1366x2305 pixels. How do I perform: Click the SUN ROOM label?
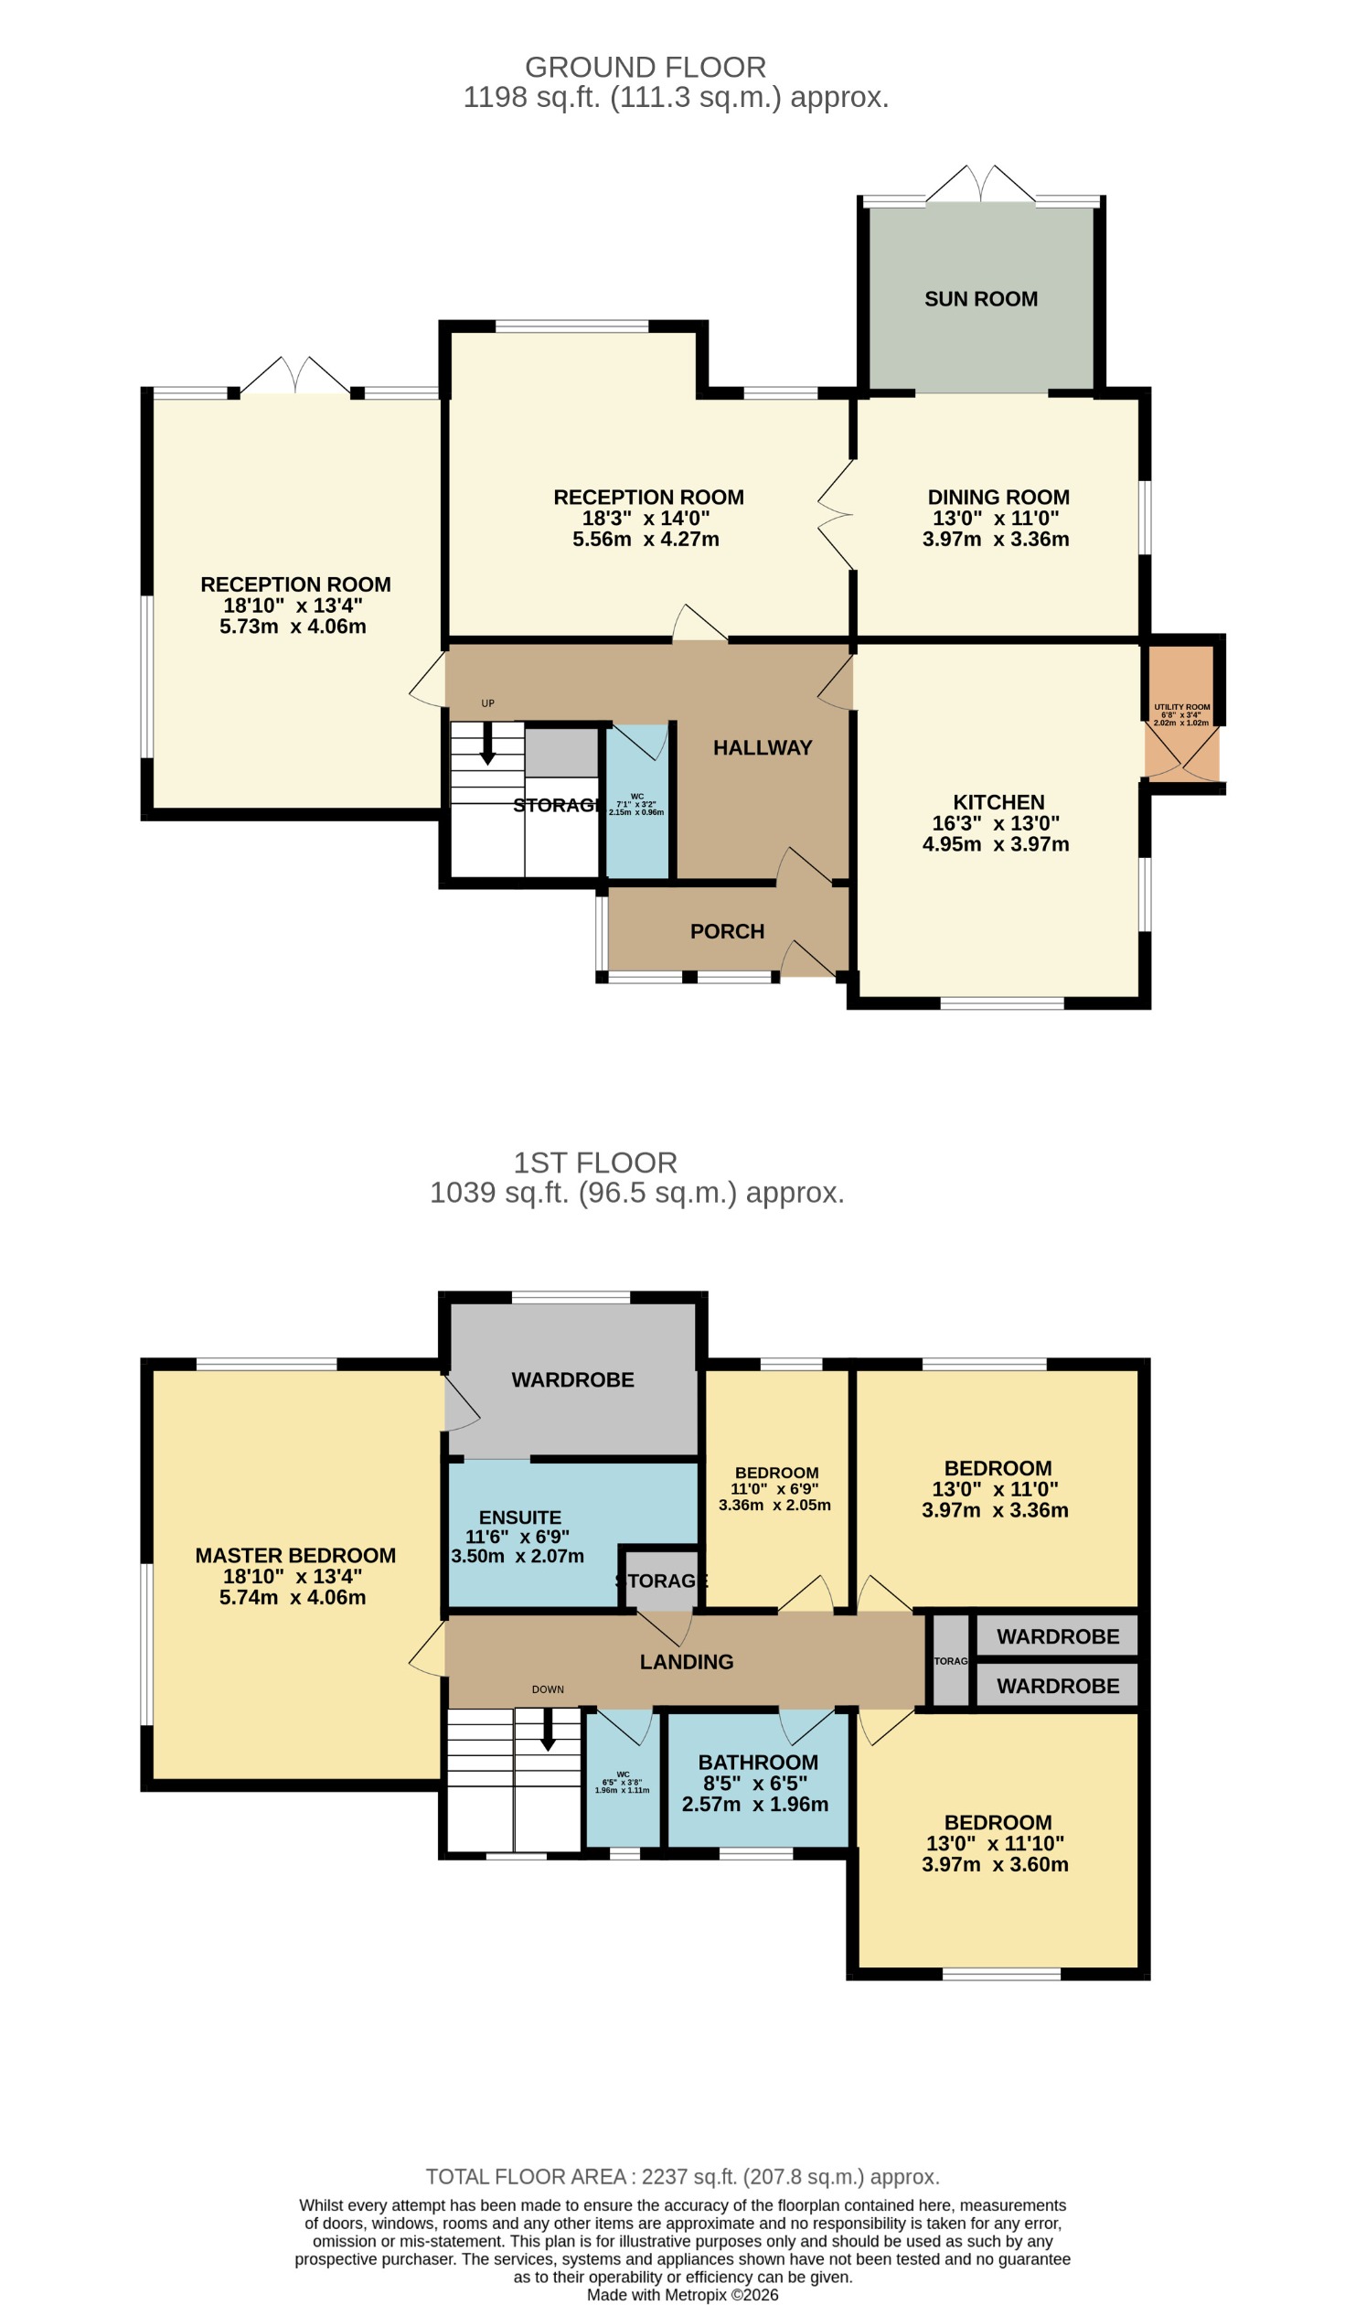coord(980,299)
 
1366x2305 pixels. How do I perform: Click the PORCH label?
coord(727,931)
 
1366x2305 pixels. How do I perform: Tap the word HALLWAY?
coord(763,748)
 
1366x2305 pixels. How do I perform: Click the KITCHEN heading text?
coord(998,802)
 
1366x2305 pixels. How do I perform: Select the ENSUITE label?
coord(519,1517)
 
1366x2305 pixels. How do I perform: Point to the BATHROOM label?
coord(758,1762)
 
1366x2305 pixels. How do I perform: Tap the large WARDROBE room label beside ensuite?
coord(572,1379)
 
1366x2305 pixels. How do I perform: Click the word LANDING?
coord(687,1661)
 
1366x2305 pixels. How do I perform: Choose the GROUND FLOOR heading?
coord(645,67)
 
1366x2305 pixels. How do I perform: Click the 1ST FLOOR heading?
coord(594,1163)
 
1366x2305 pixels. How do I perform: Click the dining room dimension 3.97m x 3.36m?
coord(995,540)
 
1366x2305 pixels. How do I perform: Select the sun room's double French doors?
coord(980,184)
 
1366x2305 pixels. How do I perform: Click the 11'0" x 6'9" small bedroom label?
coord(774,1489)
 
